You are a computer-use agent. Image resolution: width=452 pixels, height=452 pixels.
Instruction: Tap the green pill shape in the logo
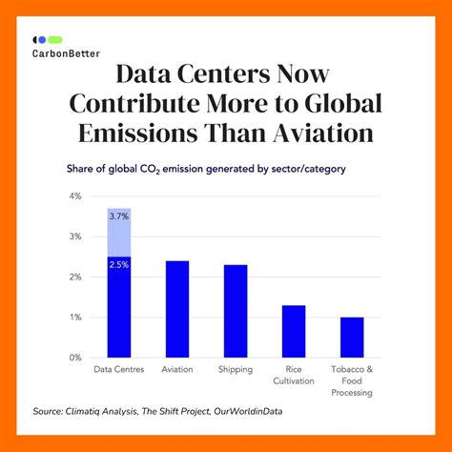point(55,40)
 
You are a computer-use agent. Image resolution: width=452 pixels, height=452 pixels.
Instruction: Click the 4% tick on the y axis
point(75,196)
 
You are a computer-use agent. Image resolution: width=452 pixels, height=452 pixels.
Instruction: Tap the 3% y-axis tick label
point(75,236)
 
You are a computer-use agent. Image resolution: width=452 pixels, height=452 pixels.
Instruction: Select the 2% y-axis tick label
point(75,277)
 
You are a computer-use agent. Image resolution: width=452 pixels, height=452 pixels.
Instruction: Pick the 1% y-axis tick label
point(75,318)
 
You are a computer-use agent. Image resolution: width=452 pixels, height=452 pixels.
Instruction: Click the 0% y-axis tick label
point(75,358)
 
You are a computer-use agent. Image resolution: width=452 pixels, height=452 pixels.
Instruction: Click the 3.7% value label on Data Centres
point(118,217)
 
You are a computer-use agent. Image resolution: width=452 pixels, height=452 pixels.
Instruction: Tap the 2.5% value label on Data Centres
point(118,264)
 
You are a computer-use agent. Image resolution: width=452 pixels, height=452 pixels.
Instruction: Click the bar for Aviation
point(177,310)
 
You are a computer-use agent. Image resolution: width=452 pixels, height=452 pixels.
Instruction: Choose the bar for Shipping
point(236,312)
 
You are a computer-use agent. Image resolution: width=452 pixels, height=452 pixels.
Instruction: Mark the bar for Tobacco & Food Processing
point(353,338)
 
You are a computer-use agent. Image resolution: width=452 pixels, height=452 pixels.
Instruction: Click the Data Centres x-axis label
point(118,369)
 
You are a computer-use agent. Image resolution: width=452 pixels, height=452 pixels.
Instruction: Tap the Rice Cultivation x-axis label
point(295,375)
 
